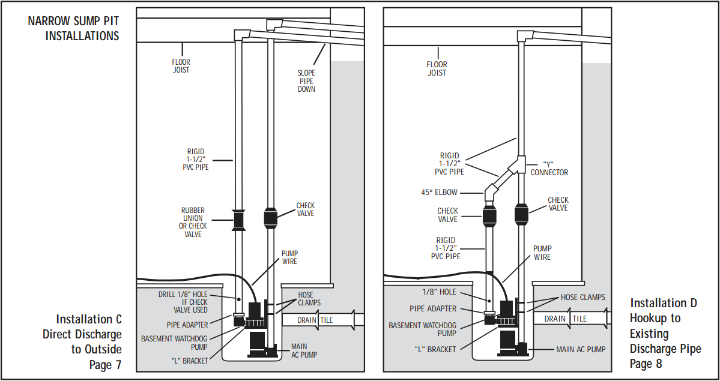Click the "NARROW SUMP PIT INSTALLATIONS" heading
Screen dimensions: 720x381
[x=73, y=28]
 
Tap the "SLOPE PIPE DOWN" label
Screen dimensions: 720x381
[x=306, y=81]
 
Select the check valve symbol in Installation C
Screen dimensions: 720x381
[x=270, y=218]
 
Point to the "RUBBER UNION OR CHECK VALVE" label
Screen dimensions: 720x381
[x=193, y=222]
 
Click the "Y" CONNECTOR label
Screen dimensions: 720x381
[x=549, y=169]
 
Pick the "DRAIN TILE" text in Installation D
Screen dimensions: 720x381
[x=565, y=319]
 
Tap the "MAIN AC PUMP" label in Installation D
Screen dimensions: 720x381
[x=581, y=349]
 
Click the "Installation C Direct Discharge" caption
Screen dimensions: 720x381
[x=82, y=326]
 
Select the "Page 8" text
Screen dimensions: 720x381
[x=646, y=364]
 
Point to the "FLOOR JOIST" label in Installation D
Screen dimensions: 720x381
[x=436, y=68]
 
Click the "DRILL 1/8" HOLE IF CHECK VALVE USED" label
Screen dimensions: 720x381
[x=183, y=302]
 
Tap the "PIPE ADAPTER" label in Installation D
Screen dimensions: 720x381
[x=433, y=309]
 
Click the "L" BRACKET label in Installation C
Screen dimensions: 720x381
[x=189, y=361]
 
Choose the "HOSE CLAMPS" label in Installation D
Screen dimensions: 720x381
[x=583, y=298]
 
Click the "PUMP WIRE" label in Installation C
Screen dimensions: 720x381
[x=290, y=257]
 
